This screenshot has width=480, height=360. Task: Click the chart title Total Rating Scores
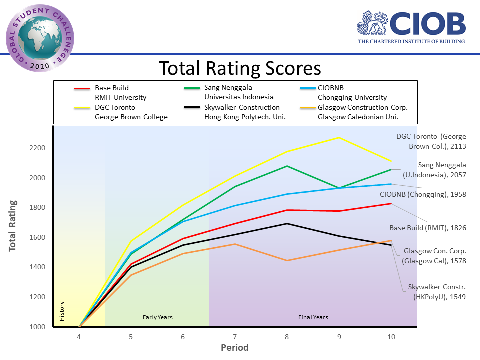coord(240,68)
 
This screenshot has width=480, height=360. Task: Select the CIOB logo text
coord(428,24)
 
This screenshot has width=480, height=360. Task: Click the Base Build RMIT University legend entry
coord(120,93)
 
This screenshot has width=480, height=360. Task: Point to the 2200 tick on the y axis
coord(38,148)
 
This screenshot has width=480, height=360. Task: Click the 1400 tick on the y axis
coord(38,267)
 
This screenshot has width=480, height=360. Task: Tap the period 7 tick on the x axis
coord(235,337)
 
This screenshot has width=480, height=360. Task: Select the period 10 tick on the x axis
coord(391,337)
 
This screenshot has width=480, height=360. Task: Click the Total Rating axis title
coord(13,226)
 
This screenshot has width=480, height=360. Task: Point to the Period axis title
coord(235,348)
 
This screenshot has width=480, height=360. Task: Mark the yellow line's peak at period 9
coord(339,137)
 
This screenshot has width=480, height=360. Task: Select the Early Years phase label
coord(157,317)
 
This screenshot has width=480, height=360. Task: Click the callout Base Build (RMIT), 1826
coord(428,228)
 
